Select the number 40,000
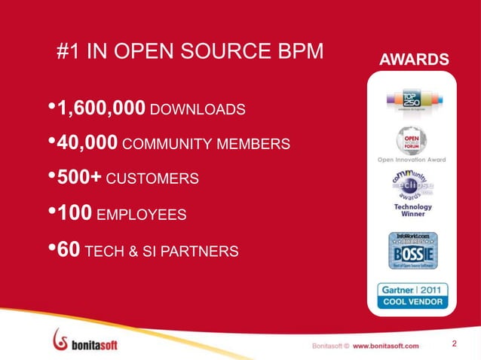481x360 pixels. point(87,143)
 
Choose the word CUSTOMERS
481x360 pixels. point(152,180)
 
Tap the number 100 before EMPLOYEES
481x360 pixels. point(75,214)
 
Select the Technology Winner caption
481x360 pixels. point(412,210)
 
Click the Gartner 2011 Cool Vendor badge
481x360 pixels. point(412,296)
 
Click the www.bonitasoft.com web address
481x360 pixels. point(385,345)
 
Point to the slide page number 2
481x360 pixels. point(455,344)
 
